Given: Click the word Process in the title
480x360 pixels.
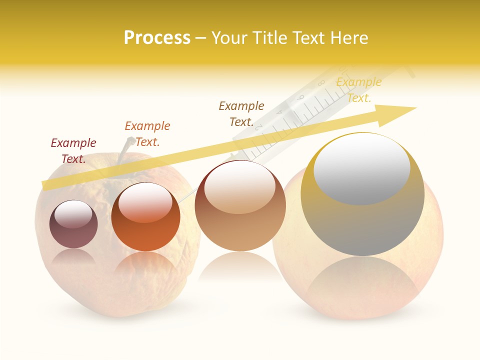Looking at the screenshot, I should [157, 38].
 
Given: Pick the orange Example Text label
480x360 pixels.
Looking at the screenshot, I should [147, 134].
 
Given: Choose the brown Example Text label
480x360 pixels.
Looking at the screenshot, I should [241, 114].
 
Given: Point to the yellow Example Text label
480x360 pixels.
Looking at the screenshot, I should [359, 90].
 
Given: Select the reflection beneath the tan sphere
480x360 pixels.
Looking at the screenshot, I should [240, 267].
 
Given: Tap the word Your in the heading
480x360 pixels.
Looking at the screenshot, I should [227, 38].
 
